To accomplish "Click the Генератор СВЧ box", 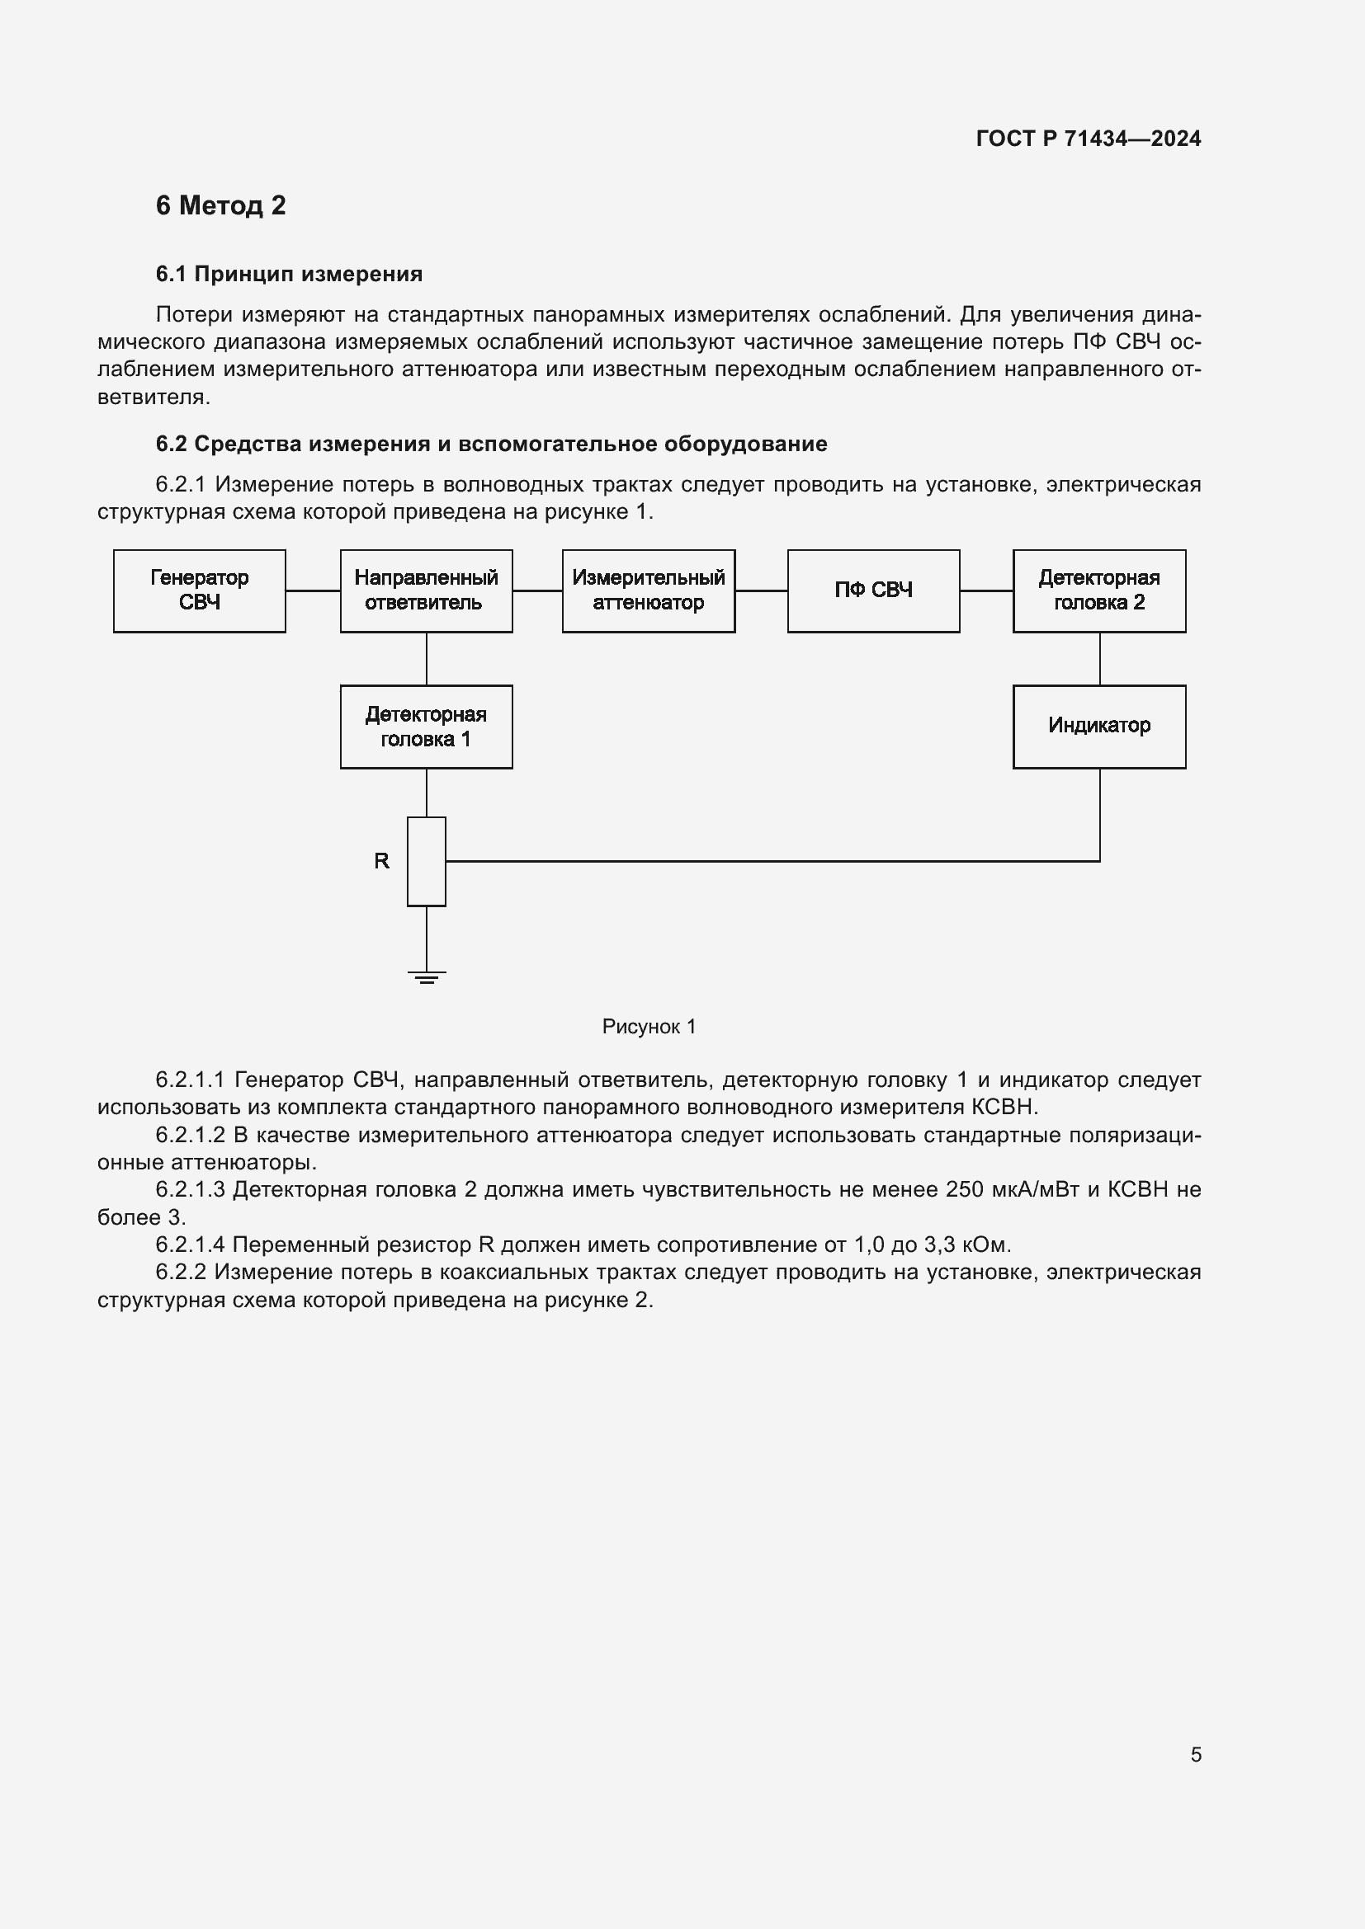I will pyautogui.click(x=199, y=590).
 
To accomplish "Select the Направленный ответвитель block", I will pyautogui.click(x=426, y=590).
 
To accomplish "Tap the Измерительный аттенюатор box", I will pyautogui.click(x=648, y=590).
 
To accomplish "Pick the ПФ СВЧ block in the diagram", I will pyautogui.click(x=873, y=590).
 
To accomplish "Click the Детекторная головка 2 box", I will pyautogui.click(x=1098, y=590).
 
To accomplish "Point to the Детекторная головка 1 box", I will pyautogui.click(x=426, y=727).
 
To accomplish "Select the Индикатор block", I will pyautogui.click(x=1098, y=727).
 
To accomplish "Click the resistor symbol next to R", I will pyautogui.click(x=426, y=861).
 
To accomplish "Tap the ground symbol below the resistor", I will pyautogui.click(x=426, y=976).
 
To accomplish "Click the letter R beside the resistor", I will pyautogui.click(x=381, y=861).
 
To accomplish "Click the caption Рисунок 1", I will pyautogui.click(x=649, y=1027).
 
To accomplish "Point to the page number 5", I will pyautogui.click(x=1195, y=1754).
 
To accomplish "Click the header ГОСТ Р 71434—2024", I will pyautogui.click(x=1088, y=139).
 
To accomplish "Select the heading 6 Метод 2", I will pyautogui.click(x=220, y=206).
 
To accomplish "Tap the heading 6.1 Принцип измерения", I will pyautogui.click(x=289, y=274).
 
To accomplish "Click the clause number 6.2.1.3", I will pyautogui.click(x=190, y=1190).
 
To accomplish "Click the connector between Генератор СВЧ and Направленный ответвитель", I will pyautogui.click(x=313, y=590).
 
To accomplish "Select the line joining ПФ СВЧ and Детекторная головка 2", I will pyautogui.click(x=986, y=590).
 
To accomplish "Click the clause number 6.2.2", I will pyautogui.click(x=181, y=1272).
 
